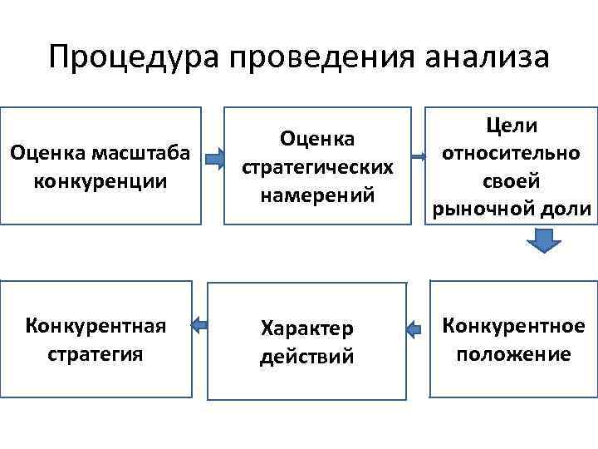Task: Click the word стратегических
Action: click(x=317, y=167)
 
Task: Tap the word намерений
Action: click(x=317, y=195)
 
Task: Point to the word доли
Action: click(x=568, y=209)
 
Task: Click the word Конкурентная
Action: click(x=96, y=326)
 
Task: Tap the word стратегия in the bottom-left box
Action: click(x=96, y=353)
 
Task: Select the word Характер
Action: click(x=306, y=328)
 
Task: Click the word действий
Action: click(x=306, y=357)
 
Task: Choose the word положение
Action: click(x=512, y=354)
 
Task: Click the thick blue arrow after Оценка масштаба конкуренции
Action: click(x=213, y=156)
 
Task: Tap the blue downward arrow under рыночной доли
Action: click(x=544, y=241)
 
